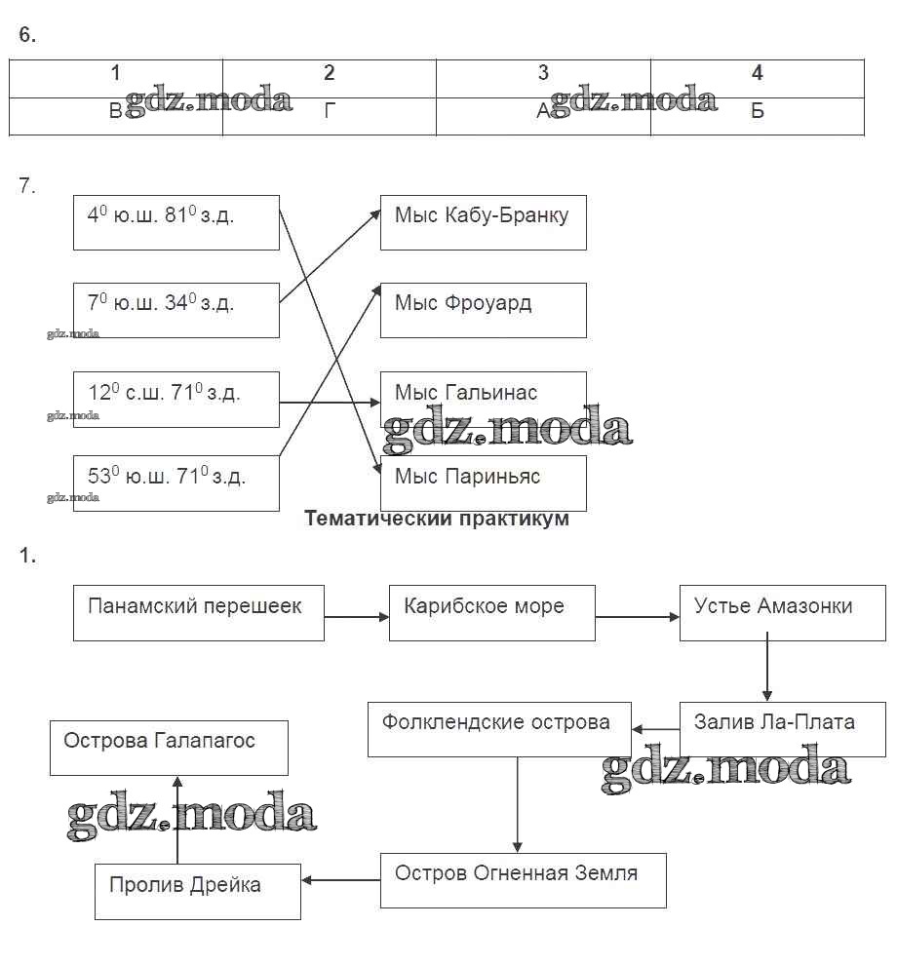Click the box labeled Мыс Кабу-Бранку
[x=483, y=222]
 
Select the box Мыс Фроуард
[x=483, y=310]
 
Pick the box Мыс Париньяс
[x=483, y=482]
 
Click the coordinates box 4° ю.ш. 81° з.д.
[x=175, y=222]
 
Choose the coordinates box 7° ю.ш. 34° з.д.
[x=175, y=310]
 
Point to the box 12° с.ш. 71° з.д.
[x=175, y=399]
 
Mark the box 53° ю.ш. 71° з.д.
[x=175, y=482]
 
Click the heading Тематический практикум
[x=437, y=519]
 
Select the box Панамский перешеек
[x=198, y=612]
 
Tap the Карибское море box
[x=491, y=612]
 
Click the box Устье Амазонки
[x=782, y=612]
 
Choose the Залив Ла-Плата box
[x=782, y=728]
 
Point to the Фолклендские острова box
[x=498, y=728]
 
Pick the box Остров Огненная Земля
[x=523, y=879]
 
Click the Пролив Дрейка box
[x=197, y=891]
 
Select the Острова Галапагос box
[x=169, y=747]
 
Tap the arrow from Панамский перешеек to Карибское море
[x=356, y=616]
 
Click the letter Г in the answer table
[x=330, y=111]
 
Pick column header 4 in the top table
[x=757, y=73]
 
